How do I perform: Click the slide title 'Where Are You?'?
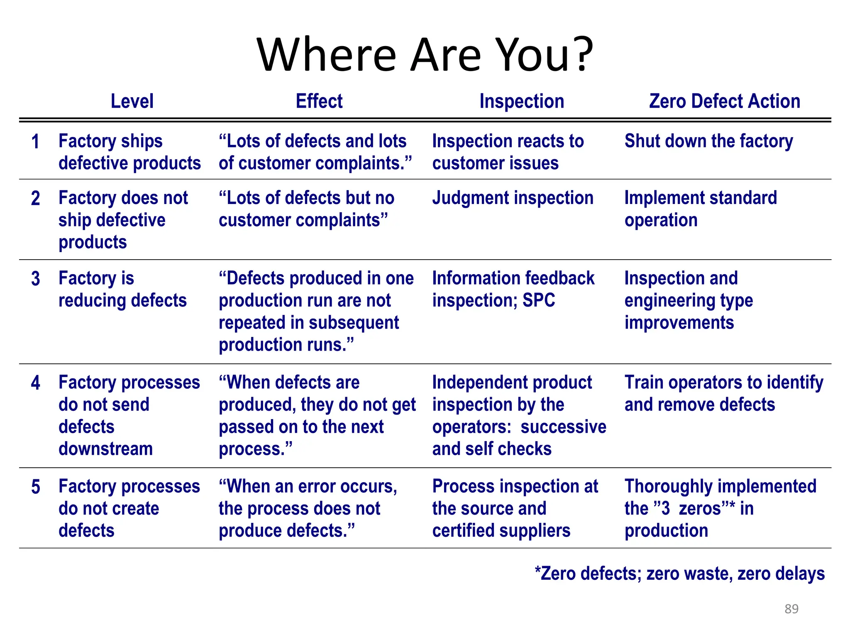(425, 55)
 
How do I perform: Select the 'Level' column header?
(132, 101)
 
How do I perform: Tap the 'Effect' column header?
(319, 101)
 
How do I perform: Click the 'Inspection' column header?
(522, 101)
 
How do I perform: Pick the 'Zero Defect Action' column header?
(725, 101)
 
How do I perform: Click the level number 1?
(36, 142)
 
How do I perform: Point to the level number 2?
(36, 199)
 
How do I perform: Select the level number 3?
(36, 279)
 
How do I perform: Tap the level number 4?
(36, 383)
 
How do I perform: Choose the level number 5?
(36, 487)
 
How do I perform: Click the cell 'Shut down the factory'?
(708, 141)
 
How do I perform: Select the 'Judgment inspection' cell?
(513, 198)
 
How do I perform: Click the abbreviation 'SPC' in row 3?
(538, 300)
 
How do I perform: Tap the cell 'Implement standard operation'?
(701, 209)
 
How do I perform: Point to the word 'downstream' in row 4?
(106, 449)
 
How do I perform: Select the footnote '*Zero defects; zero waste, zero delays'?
(679, 574)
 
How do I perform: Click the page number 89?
(791, 609)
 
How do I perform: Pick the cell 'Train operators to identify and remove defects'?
(724, 393)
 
